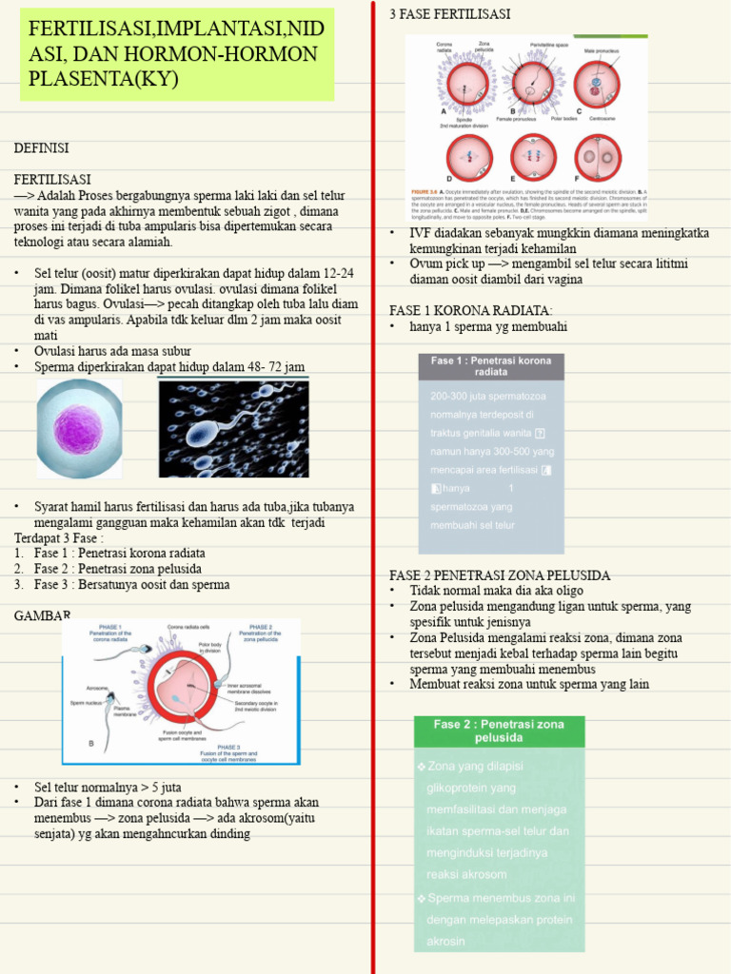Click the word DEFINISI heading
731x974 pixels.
click(x=42, y=148)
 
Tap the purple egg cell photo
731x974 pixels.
click(x=79, y=428)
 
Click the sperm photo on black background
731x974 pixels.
click(x=233, y=428)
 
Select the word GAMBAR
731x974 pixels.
click(x=42, y=616)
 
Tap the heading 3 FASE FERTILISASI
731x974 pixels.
click(x=449, y=14)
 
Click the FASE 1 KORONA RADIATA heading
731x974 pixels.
click(x=470, y=311)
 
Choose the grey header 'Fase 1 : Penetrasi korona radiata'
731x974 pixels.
click(x=491, y=367)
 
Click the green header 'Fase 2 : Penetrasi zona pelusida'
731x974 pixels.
click(x=499, y=730)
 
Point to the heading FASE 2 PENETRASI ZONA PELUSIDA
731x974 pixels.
click(x=500, y=575)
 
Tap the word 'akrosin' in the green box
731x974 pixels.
click(x=446, y=942)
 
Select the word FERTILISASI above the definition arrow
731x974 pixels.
click(x=52, y=180)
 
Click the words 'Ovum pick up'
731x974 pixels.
click(x=446, y=263)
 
